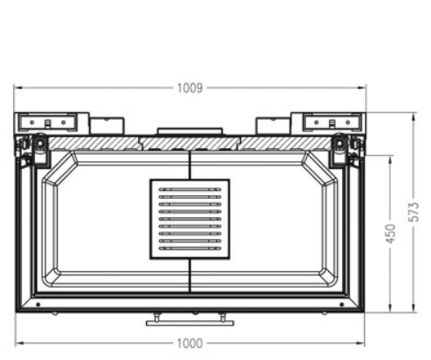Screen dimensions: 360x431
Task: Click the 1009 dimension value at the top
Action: tap(190, 88)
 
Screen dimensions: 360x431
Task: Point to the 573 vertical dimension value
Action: tap(414, 213)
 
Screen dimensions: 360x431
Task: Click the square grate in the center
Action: tap(189, 219)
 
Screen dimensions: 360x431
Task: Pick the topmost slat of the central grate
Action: tap(189, 189)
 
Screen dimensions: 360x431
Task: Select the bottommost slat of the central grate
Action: tap(189, 249)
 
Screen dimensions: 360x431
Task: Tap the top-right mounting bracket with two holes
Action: tap(332, 121)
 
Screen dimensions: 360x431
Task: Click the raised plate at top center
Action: tap(189, 132)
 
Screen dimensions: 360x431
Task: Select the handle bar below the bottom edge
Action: tap(189, 322)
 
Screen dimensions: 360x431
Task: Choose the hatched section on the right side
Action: tap(281, 143)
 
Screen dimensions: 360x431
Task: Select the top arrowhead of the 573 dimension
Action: tap(414, 114)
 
